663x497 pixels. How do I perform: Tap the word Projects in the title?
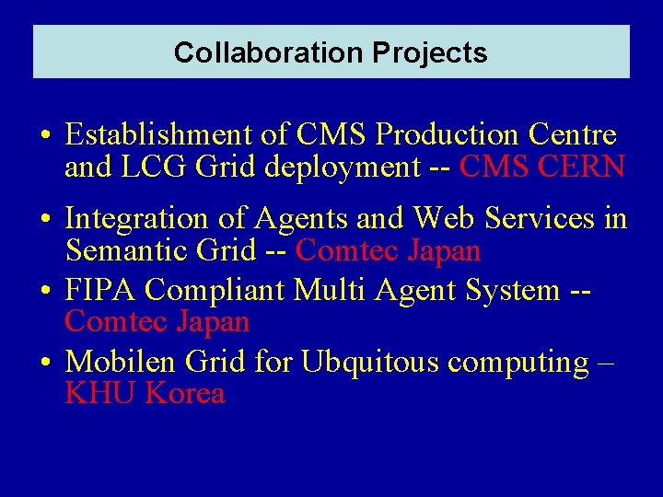430,52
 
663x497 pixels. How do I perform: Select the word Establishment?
160,135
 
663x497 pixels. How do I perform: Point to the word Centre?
573,135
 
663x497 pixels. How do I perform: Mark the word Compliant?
215,290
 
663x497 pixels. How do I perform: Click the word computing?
518,364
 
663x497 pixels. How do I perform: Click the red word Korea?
185,394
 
